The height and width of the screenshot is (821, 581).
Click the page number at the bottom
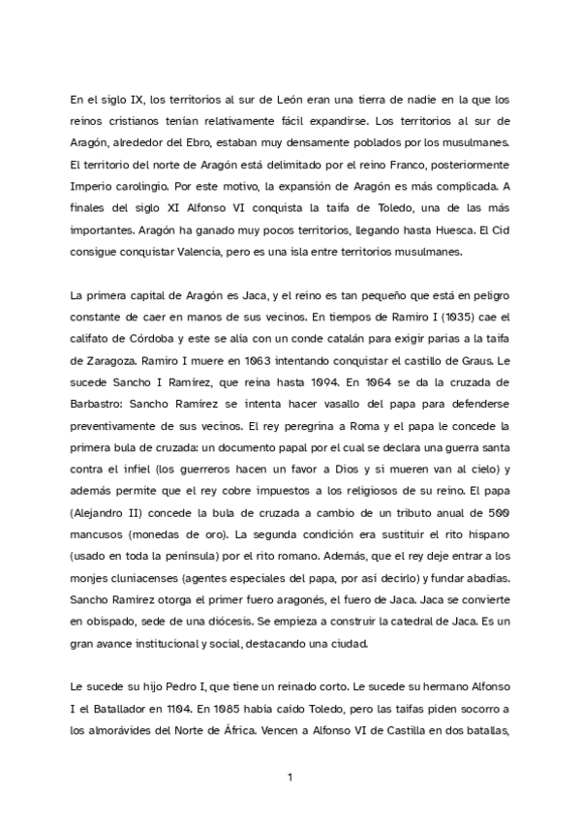(290, 775)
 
